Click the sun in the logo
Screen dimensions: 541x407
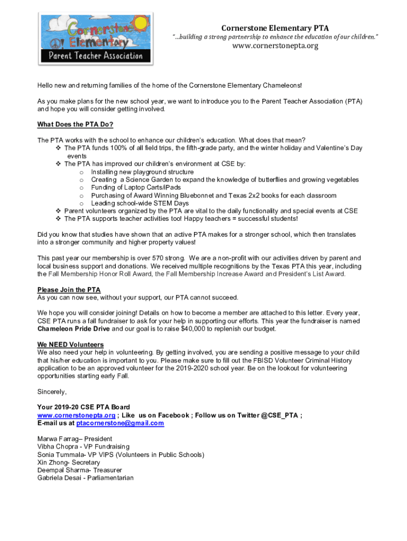pos(141,23)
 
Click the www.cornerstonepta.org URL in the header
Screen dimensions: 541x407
pos(275,46)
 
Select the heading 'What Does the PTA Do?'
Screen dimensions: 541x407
pos(75,125)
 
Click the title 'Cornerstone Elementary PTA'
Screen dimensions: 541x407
pos(275,27)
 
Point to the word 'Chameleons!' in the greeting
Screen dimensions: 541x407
pos(283,85)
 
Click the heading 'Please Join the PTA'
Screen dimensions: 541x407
pos(69,290)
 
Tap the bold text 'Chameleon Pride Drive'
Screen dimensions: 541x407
pos(73,329)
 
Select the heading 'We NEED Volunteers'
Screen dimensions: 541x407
pos(70,345)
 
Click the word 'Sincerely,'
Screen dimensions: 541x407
pos(52,391)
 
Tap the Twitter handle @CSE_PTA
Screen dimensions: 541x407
pos(280,415)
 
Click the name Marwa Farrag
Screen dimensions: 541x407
pos(57,439)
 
